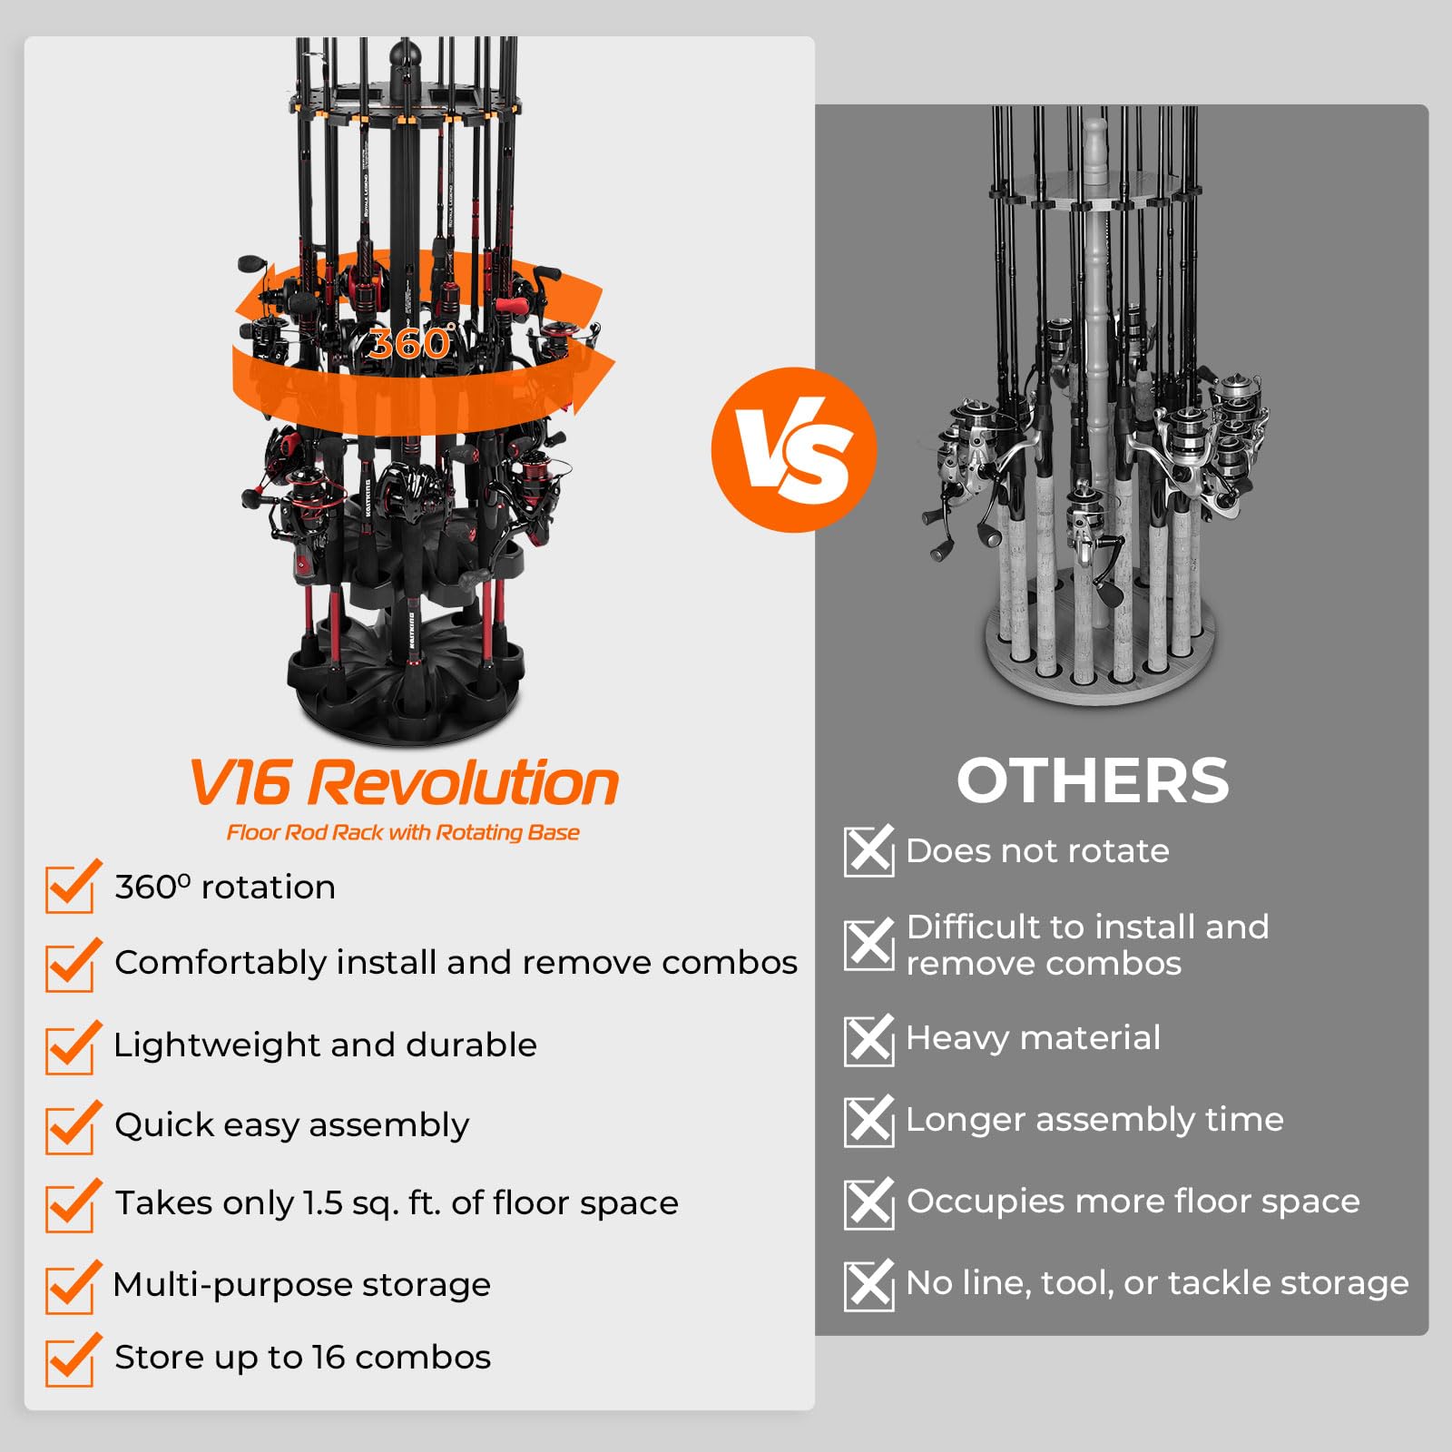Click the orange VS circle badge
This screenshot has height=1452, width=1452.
[794, 449]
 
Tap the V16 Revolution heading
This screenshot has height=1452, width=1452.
[404, 783]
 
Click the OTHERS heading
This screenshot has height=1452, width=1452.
[1093, 781]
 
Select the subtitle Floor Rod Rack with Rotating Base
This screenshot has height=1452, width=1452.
[403, 832]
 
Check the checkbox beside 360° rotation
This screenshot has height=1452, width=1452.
[70, 888]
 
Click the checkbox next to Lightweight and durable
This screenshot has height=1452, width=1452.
[70, 1049]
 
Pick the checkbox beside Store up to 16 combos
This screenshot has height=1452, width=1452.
[70, 1360]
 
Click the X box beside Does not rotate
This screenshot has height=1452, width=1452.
[868, 851]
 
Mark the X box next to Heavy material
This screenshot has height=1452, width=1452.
[868, 1039]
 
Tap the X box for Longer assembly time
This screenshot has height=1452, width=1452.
[868, 1121]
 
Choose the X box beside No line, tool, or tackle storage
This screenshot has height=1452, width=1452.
[868, 1284]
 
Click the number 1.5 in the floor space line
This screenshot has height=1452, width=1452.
[322, 1203]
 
